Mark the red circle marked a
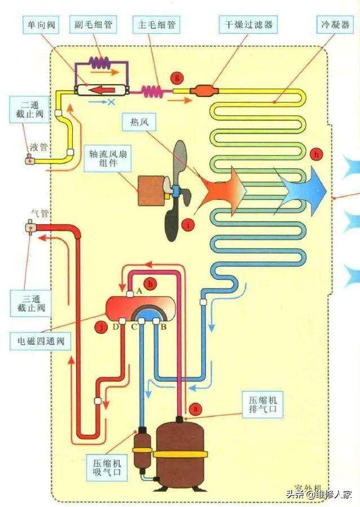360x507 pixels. [196, 407]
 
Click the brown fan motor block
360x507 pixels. [152, 190]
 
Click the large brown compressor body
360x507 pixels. [182, 452]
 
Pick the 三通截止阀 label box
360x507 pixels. [30, 304]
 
